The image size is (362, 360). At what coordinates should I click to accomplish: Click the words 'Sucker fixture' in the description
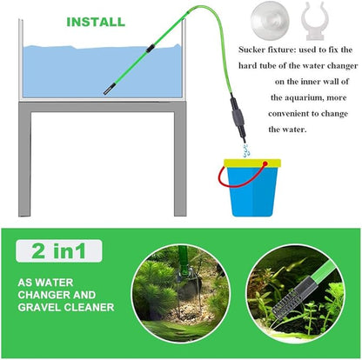point(269,51)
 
